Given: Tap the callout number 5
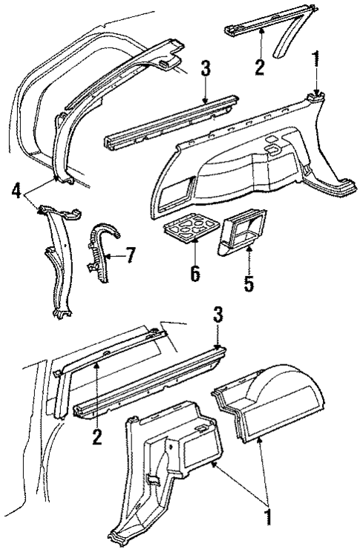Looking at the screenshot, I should click(249, 283).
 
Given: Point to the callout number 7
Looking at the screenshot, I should click(130, 257).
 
